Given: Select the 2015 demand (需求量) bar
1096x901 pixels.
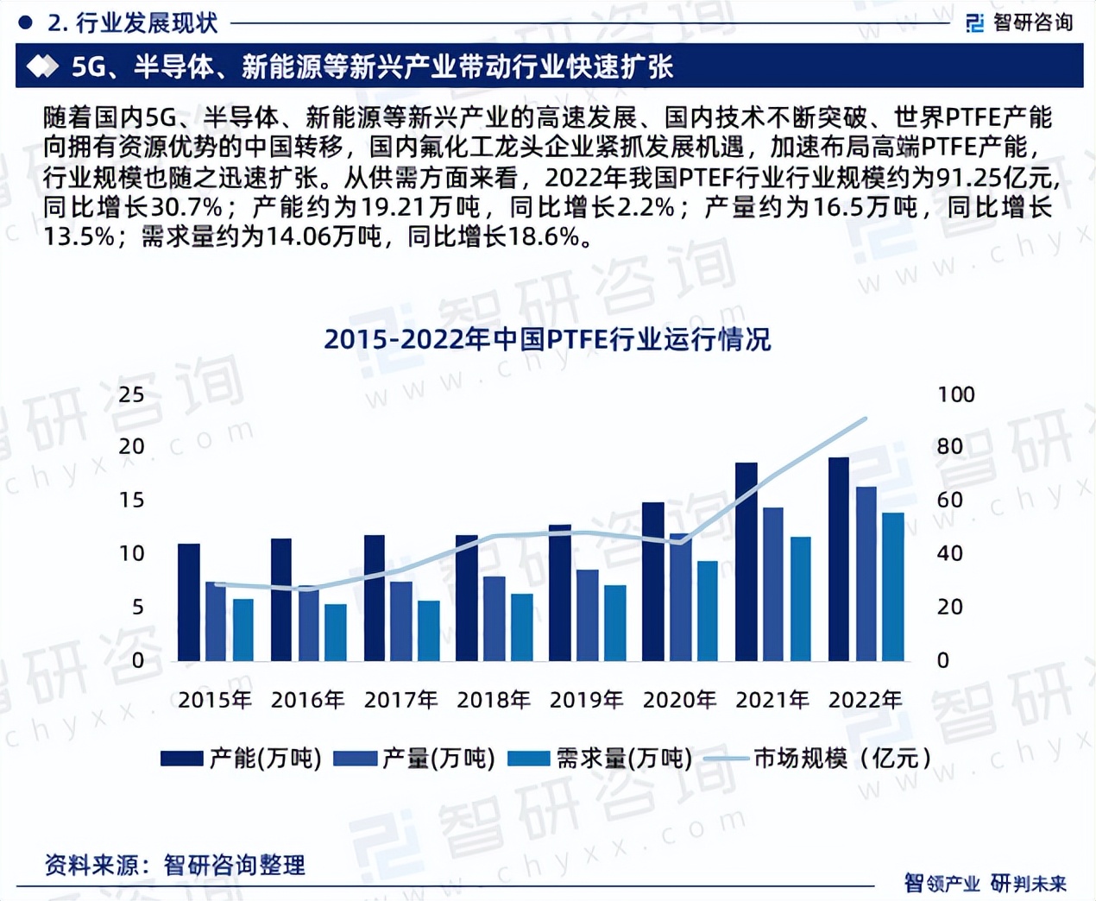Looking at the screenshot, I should pyautogui.click(x=243, y=630).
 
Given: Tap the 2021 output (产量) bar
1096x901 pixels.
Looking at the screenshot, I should pyautogui.click(x=773, y=584).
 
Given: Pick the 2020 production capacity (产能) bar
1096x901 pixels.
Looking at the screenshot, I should pyautogui.click(x=652, y=582).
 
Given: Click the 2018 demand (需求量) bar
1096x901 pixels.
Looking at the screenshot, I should pyautogui.click(x=522, y=627).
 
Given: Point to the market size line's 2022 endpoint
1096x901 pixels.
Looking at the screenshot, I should pyautogui.click(x=866, y=419).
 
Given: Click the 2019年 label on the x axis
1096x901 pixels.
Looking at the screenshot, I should pyautogui.click(x=586, y=700).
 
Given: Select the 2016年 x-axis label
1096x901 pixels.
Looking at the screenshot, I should pyautogui.click(x=307, y=700).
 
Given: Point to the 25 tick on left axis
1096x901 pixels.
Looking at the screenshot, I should pyautogui.click(x=131, y=394).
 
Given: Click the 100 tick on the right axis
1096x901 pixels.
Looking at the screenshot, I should pyautogui.click(x=955, y=394).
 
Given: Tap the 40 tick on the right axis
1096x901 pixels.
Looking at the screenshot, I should pyautogui.click(x=949, y=553).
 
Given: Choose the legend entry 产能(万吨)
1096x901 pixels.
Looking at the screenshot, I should pyautogui.click(x=241, y=759).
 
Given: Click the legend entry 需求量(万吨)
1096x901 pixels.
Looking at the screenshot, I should pyautogui.click(x=601, y=759).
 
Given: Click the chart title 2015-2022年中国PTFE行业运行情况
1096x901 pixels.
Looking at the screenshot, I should pyautogui.click(x=547, y=339).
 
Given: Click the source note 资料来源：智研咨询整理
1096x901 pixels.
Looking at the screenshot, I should pyautogui.click(x=174, y=865).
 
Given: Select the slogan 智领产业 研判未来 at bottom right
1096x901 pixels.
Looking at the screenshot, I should pyautogui.click(x=985, y=883).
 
